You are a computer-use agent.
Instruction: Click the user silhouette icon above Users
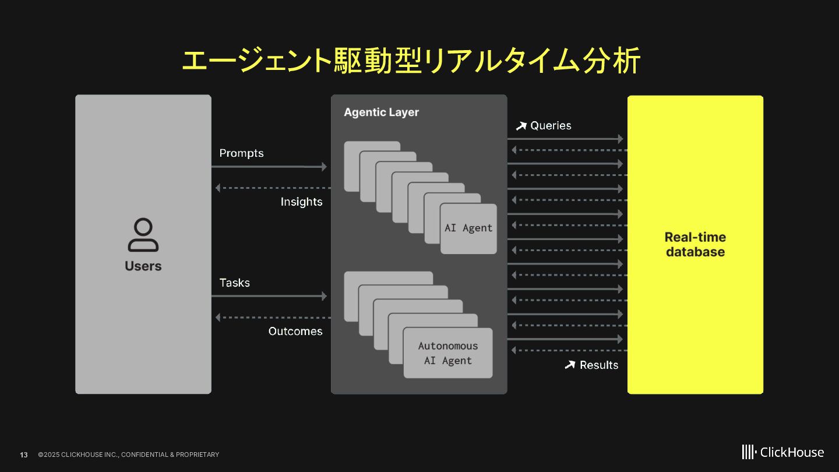(x=143, y=235)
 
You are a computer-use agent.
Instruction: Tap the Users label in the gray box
(x=143, y=266)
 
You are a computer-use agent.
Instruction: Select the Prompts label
(x=241, y=153)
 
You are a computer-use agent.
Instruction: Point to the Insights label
(x=301, y=202)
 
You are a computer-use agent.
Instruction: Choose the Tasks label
(x=234, y=283)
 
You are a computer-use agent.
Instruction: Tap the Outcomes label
(x=295, y=331)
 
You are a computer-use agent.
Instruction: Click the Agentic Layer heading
(x=381, y=112)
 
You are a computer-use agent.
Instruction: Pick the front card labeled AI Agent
(x=468, y=228)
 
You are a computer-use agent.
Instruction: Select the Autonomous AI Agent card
(x=447, y=353)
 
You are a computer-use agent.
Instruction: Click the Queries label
(x=551, y=125)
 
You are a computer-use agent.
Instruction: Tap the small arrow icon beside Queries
(x=521, y=126)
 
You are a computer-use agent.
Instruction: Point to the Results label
(x=599, y=365)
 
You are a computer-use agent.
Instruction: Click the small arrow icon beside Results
(x=570, y=365)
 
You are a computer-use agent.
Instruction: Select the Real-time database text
(x=695, y=245)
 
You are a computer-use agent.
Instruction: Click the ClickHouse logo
(x=782, y=452)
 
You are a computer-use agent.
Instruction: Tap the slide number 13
(x=24, y=455)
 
